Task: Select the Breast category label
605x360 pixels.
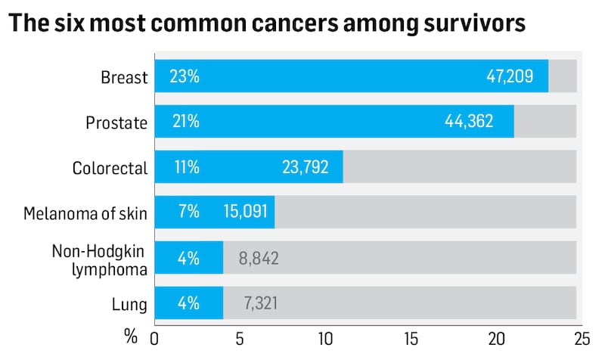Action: click(x=124, y=77)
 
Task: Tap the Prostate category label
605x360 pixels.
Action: click(x=119, y=122)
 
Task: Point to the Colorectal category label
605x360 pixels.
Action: click(x=110, y=167)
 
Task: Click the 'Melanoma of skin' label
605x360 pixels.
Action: click(x=85, y=213)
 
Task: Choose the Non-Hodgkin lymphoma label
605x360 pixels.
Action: click(x=99, y=258)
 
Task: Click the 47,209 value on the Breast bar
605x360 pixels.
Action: click(x=510, y=76)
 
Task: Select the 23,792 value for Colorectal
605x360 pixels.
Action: click(x=304, y=167)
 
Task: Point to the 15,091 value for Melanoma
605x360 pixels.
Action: click(x=243, y=213)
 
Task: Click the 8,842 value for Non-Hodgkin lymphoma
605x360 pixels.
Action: click(x=259, y=258)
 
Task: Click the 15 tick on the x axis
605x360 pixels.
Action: click(x=411, y=337)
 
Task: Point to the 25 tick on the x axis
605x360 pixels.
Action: click(x=581, y=337)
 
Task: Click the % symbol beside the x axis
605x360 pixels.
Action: click(x=131, y=337)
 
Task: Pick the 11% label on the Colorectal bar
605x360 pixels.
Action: click(x=185, y=167)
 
